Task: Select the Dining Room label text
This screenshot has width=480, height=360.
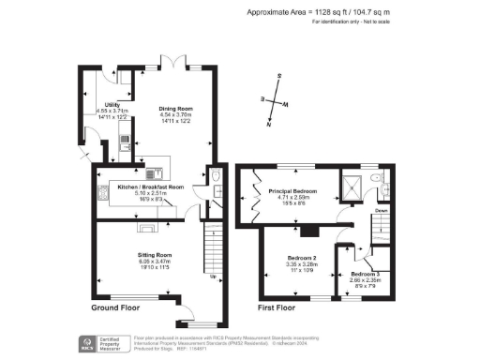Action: click(175, 109)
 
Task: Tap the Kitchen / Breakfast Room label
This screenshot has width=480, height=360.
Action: click(150, 186)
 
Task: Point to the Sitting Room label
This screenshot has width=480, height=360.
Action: click(152, 253)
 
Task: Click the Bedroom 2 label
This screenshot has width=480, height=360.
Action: click(301, 259)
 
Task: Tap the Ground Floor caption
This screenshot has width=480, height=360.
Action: click(117, 307)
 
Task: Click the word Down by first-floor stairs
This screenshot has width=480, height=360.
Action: click(382, 211)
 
